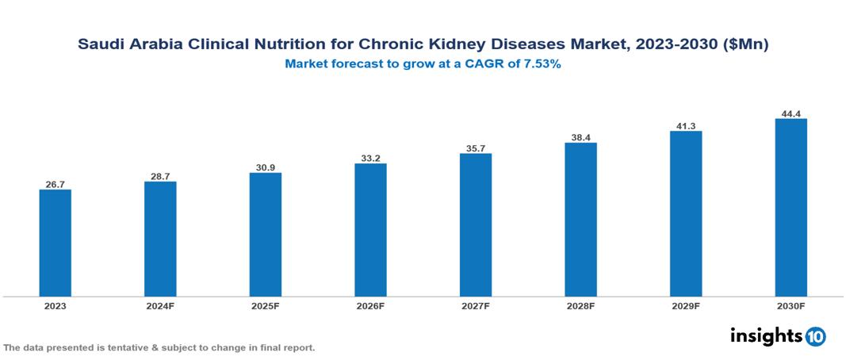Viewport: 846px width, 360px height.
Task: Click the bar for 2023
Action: coord(56,243)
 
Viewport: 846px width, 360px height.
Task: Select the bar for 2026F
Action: coord(370,230)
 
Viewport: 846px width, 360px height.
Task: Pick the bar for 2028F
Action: coord(580,220)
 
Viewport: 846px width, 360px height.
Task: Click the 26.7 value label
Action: coord(56,184)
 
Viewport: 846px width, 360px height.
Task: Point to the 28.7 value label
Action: coord(160,176)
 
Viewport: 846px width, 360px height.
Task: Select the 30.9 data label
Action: coord(266,167)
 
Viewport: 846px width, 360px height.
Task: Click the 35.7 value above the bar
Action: coord(476,148)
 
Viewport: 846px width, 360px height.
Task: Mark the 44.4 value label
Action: coord(790,113)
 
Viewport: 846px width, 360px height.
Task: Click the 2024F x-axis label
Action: coord(160,305)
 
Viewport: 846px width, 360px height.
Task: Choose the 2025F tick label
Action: coord(266,305)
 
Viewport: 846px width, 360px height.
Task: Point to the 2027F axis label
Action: coord(476,305)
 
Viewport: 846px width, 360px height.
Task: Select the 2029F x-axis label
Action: coord(686,305)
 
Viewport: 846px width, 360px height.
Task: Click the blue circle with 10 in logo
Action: coord(815,336)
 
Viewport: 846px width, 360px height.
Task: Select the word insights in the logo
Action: coord(766,335)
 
